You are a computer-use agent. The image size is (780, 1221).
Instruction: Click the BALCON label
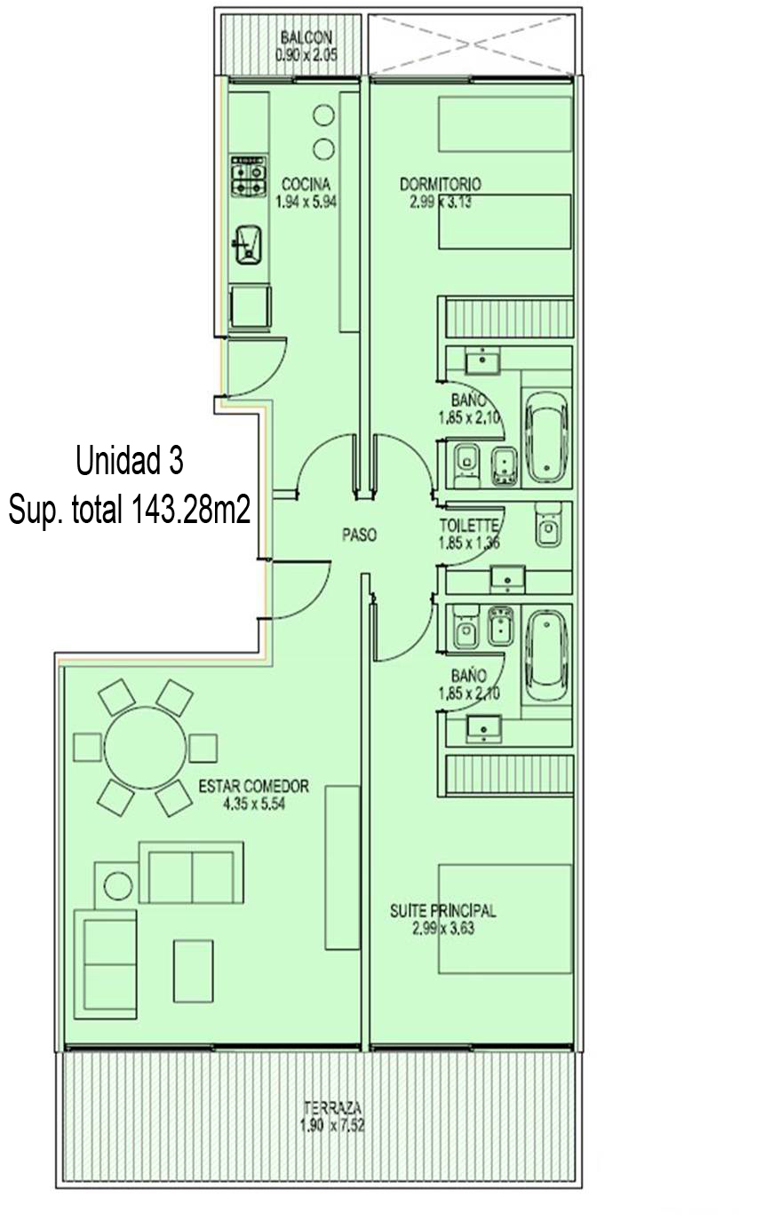coord(306,37)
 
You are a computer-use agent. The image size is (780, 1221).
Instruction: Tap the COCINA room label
coord(306,184)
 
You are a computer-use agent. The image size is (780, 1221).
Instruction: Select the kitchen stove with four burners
coord(249,176)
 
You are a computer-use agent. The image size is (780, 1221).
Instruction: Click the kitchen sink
coord(247,245)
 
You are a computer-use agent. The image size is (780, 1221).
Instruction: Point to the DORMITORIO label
coord(440,184)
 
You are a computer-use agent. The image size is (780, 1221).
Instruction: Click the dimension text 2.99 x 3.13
coord(441,202)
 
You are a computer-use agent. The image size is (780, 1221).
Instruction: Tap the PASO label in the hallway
coord(360,535)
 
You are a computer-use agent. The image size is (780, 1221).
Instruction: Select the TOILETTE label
coord(469,526)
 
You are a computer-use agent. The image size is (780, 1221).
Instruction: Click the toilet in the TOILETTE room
coord(547,524)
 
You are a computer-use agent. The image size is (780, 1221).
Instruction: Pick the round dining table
coord(145,748)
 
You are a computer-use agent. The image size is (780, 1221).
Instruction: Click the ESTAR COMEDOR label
coord(254,786)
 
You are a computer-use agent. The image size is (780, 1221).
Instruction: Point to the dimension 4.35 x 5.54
coord(254,804)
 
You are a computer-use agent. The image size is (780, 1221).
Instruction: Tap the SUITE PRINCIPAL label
coord(443,910)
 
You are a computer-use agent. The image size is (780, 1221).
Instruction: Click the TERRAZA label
coord(332,1092)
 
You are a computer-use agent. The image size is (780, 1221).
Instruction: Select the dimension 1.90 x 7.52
coord(332,1110)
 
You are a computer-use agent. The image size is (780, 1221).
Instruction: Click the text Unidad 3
coord(130,460)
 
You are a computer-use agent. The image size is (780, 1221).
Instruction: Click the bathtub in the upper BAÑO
coord(546,436)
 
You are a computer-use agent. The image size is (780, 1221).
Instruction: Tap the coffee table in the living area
coord(193,971)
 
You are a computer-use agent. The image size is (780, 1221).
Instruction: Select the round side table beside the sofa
coord(118,885)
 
